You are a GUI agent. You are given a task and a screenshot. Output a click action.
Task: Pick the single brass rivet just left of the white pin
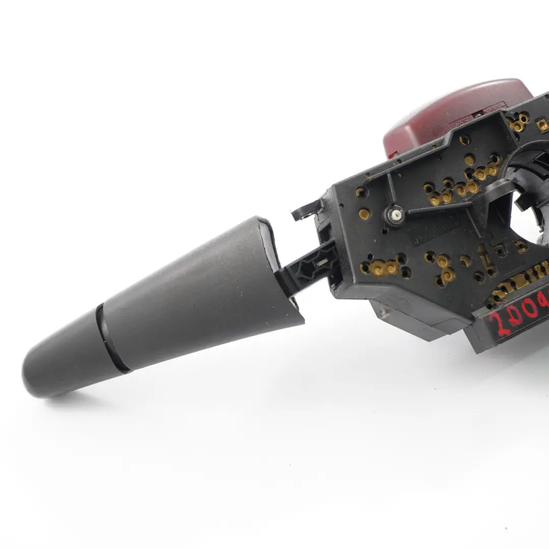(x=364, y=214)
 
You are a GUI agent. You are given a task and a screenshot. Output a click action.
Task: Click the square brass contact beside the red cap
(x=543, y=123)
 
